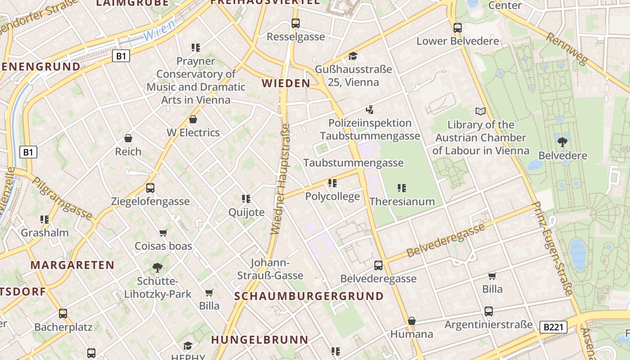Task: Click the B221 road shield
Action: coord(553,327)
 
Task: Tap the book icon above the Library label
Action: coord(481,111)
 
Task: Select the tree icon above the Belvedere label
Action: coord(562,142)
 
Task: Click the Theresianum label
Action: coord(402,201)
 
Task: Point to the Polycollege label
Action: coord(333,196)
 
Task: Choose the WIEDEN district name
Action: coord(286,83)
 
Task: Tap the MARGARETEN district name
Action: coord(72,265)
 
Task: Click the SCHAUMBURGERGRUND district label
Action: coord(309,296)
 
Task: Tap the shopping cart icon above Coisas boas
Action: coord(163,233)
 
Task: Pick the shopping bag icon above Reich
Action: coord(128,138)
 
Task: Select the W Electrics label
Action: coord(193,132)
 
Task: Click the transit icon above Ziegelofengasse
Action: coord(150,188)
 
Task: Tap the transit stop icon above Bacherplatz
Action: coord(63,314)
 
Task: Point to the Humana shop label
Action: coord(411,334)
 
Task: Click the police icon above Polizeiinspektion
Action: coord(369,109)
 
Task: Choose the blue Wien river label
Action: coord(159,30)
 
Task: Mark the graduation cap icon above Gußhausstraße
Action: coord(353,56)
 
